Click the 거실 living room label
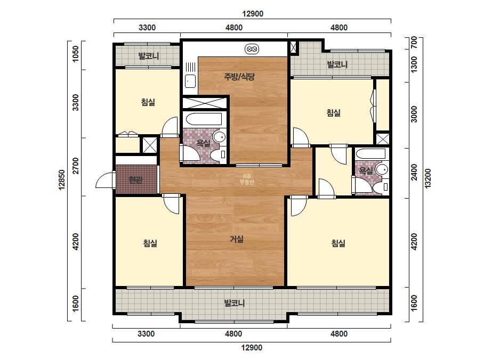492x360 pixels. (x=237, y=239)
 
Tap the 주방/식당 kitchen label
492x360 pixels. (x=239, y=77)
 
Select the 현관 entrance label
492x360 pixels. (x=135, y=179)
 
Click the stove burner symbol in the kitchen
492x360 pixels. (x=252, y=49)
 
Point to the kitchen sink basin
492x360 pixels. (x=190, y=81)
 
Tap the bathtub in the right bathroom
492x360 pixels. (x=371, y=154)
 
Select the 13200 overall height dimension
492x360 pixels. (x=428, y=178)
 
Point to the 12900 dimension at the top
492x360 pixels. (x=253, y=14)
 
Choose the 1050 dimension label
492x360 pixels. (x=76, y=54)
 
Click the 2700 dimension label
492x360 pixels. (x=76, y=166)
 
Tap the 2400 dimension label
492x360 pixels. (x=414, y=172)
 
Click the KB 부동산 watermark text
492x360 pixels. (x=247, y=179)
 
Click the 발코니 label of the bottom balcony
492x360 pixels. (x=234, y=303)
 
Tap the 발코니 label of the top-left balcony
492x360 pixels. (x=149, y=56)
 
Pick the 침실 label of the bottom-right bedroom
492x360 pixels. (x=338, y=243)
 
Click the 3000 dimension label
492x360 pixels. (x=414, y=114)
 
